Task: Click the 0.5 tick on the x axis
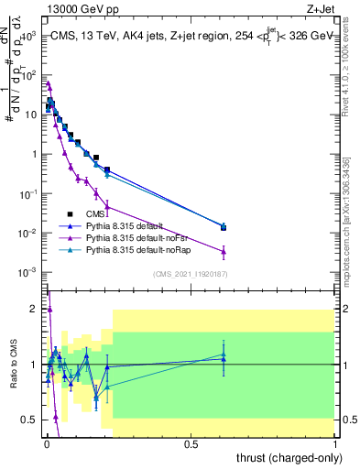(x=191, y=443)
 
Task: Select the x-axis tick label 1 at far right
(x=335, y=443)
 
